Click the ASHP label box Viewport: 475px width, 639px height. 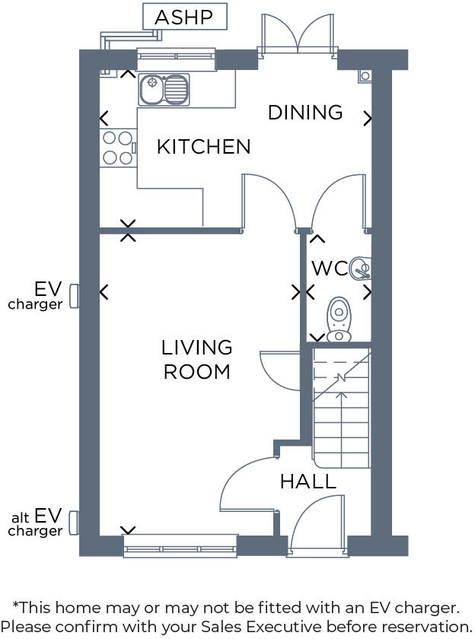[185, 17]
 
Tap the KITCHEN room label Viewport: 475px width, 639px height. [203, 147]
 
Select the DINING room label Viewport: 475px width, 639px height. [305, 113]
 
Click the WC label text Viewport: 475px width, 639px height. [329, 269]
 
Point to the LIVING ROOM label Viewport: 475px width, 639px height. [196, 360]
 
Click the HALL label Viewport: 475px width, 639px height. [308, 482]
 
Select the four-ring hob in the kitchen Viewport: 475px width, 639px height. [117, 148]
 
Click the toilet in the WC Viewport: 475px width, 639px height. [339, 320]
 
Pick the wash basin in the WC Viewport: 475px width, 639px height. [361, 268]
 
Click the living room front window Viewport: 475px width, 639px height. [180, 545]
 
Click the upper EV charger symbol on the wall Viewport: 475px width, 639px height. [74, 295]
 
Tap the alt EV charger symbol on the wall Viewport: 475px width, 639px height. [74, 522]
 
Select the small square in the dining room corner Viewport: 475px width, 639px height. [365, 75]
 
